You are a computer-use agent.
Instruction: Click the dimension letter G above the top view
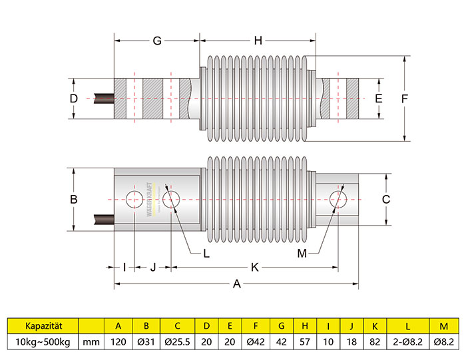(156, 41)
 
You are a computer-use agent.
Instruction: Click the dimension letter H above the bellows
(258, 41)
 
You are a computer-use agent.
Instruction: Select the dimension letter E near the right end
(379, 98)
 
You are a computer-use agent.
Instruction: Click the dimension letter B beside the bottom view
(74, 199)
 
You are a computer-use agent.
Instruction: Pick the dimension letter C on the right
(385, 199)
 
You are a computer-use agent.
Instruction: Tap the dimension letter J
(153, 267)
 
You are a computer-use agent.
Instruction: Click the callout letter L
(206, 253)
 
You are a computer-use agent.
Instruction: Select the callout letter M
(302, 253)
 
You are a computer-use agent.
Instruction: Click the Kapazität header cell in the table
(43, 326)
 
